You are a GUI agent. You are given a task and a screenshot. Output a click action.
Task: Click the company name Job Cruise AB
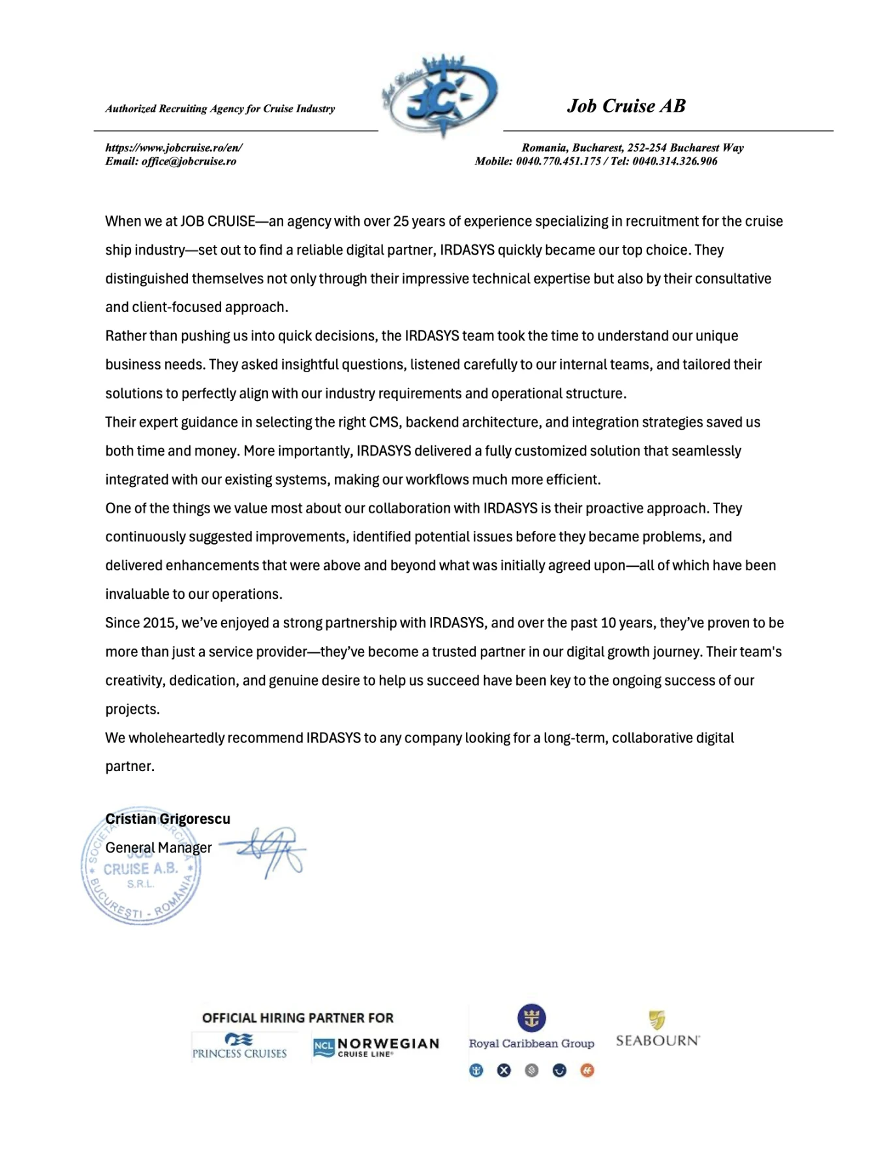(x=626, y=106)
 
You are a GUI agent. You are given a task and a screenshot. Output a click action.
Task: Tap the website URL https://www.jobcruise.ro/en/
(x=174, y=148)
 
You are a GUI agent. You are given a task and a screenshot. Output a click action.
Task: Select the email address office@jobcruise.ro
(x=189, y=161)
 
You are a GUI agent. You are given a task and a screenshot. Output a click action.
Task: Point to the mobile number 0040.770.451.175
(x=558, y=161)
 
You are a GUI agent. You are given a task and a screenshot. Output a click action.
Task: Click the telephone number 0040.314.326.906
(x=675, y=161)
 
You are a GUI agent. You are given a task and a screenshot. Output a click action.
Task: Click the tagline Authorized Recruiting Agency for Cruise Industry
(x=220, y=108)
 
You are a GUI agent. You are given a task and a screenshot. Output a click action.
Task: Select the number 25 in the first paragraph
(x=401, y=221)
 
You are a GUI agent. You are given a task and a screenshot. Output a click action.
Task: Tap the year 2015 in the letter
(x=159, y=622)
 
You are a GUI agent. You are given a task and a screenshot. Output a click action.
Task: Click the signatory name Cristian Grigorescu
(x=168, y=819)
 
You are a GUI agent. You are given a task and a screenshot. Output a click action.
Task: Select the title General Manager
(x=159, y=848)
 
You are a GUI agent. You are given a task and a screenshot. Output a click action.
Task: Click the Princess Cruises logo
(x=239, y=1045)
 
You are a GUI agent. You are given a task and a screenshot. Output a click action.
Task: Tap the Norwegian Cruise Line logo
(x=376, y=1047)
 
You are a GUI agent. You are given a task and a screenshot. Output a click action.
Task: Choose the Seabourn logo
(x=658, y=1030)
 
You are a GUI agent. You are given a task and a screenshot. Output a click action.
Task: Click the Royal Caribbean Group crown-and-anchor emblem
(x=531, y=1017)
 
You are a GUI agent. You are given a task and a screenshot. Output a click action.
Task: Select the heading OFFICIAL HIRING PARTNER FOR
(x=298, y=1017)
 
